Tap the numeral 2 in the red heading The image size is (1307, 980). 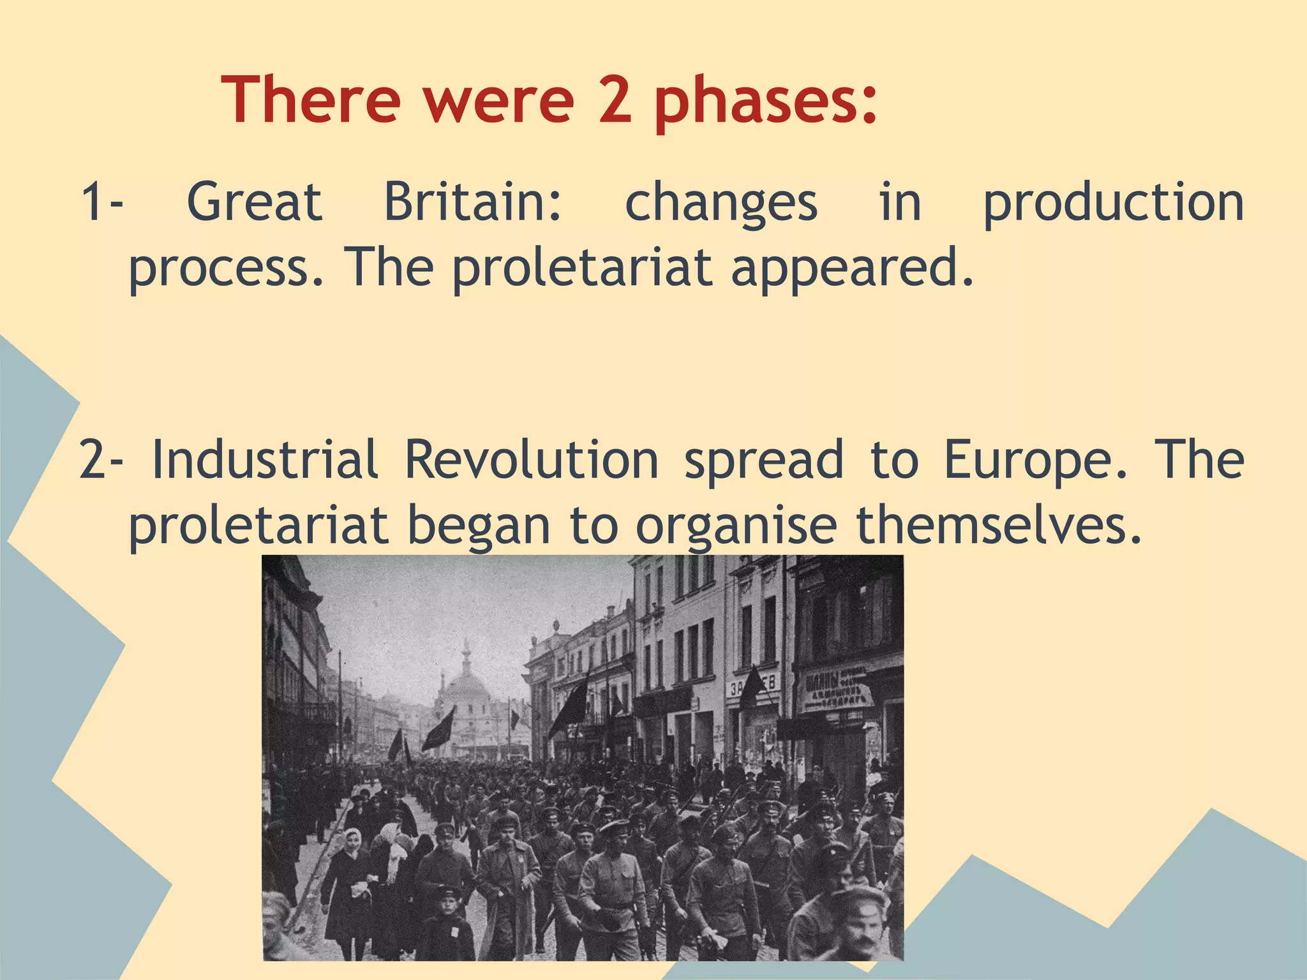(615, 100)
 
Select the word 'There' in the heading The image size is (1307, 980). (311, 100)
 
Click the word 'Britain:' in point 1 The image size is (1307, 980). (472, 202)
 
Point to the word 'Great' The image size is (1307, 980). (254, 202)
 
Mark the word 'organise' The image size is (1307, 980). (736, 527)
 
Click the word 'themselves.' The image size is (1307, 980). (998, 526)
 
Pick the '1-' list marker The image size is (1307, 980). (102, 202)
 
